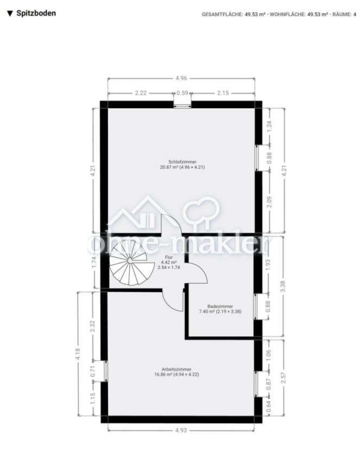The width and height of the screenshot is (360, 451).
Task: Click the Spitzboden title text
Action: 35,12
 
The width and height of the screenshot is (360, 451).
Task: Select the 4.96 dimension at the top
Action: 181,78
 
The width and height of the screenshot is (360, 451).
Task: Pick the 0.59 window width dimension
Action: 182,93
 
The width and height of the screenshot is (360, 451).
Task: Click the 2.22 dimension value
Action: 141,93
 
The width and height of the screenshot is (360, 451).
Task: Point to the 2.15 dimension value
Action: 223,93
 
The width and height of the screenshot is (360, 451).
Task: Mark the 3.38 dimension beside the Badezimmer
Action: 283,286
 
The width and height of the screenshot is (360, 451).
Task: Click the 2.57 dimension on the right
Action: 283,379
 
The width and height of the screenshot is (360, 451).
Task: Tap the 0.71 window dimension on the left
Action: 93,372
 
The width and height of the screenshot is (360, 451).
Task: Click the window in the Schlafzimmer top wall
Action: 182,104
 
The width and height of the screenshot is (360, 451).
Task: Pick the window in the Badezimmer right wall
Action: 258,307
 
